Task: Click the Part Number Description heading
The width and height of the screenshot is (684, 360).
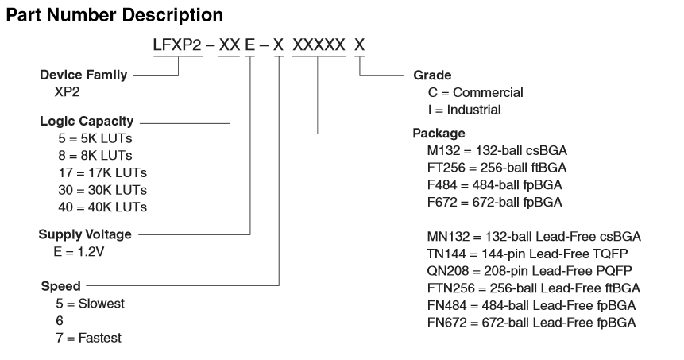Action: tap(114, 15)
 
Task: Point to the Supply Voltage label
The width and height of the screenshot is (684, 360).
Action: tap(85, 234)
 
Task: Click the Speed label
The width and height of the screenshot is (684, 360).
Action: tap(60, 285)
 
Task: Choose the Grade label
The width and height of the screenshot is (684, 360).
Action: tap(431, 75)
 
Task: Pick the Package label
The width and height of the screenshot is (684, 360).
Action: tap(439, 133)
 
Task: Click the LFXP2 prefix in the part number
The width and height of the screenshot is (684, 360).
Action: tap(177, 46)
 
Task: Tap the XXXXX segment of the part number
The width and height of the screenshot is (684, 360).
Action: tap(319, 46)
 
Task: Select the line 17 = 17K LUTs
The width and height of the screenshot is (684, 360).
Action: tap(97, 172)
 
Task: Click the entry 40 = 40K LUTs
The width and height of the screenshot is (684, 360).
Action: tap(97, 207)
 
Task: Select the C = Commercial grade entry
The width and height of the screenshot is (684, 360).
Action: tap(475, 93)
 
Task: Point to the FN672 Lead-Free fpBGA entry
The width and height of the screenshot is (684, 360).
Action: tap(531, 323)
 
